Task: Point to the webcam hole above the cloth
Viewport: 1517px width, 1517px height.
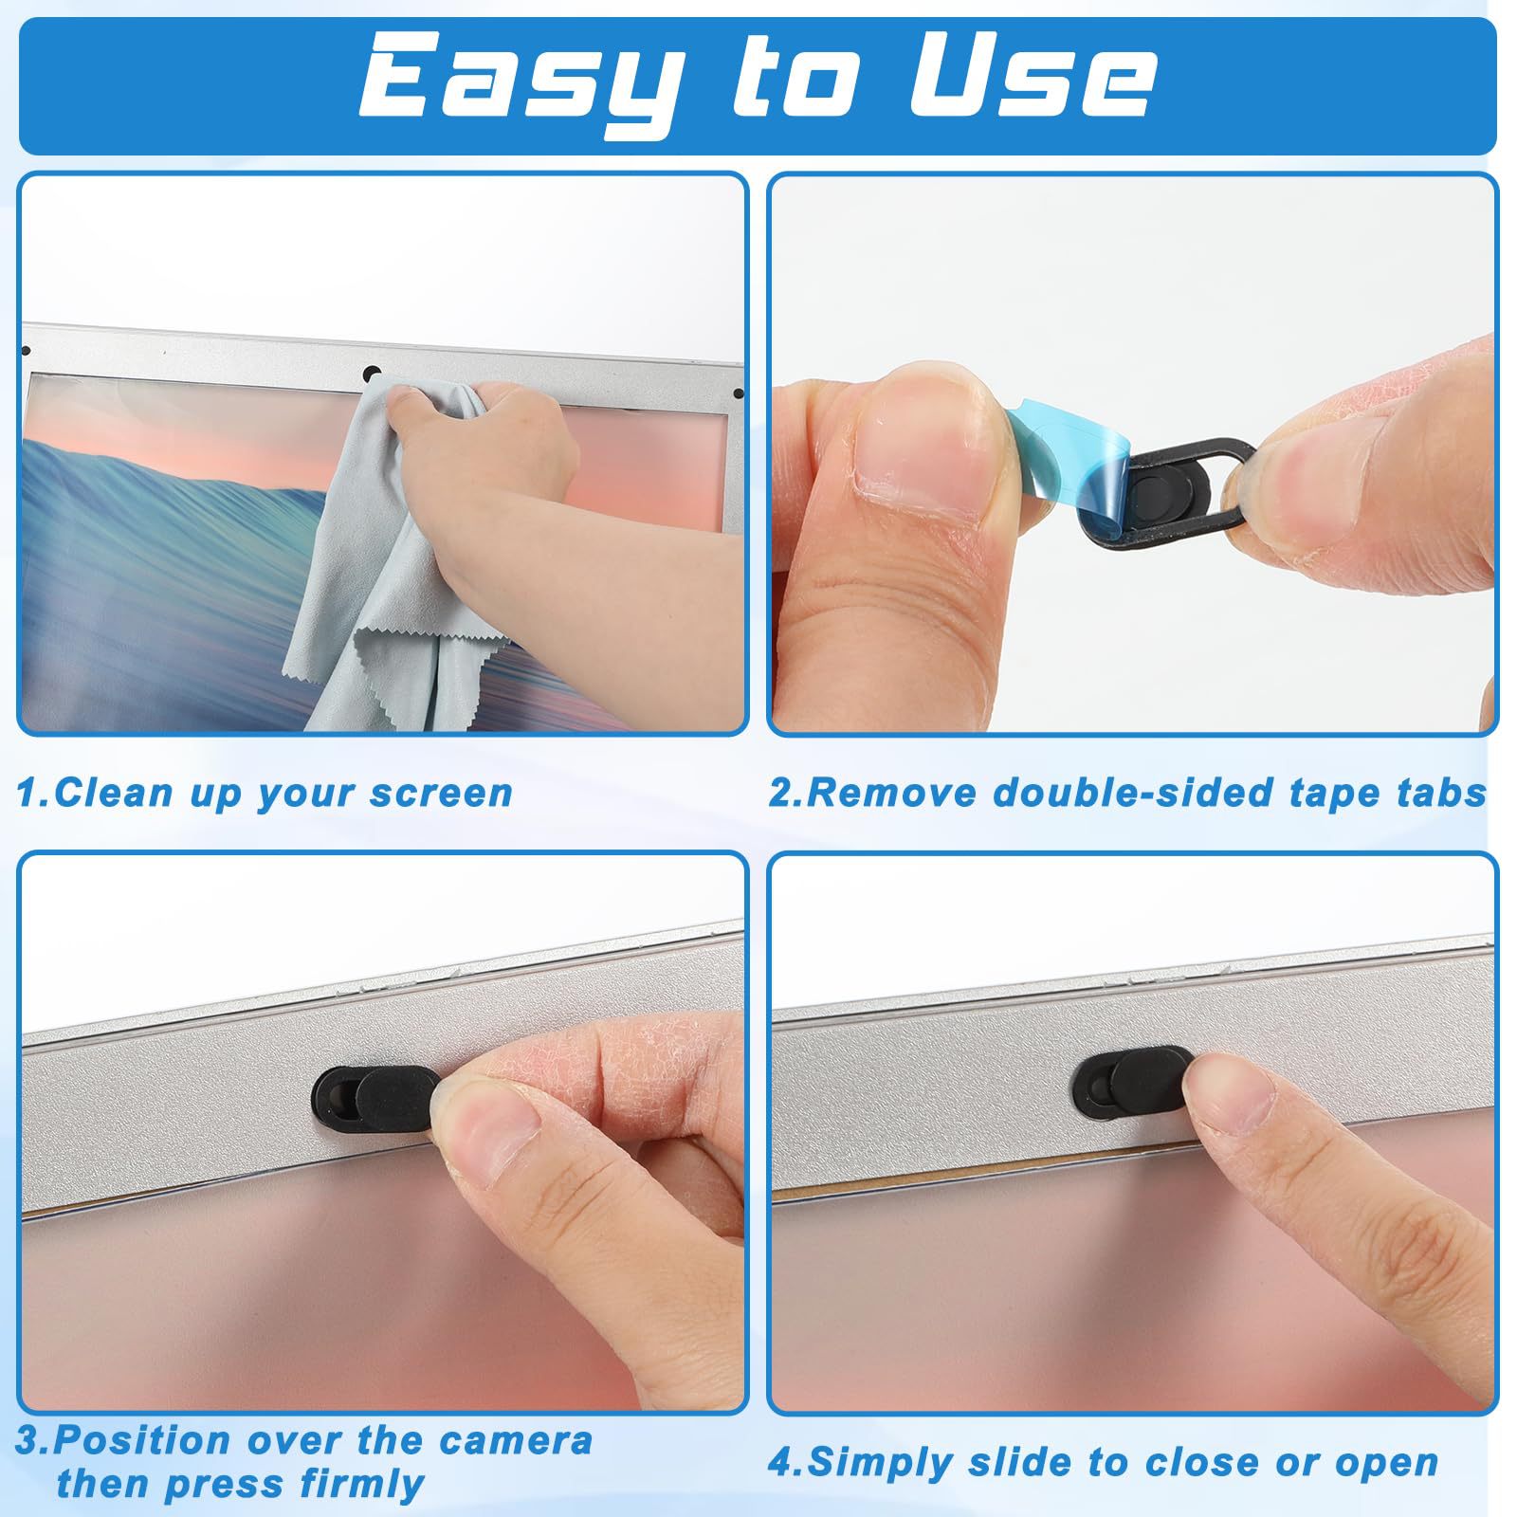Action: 374,374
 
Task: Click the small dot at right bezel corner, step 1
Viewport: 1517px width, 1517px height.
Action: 739,393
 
